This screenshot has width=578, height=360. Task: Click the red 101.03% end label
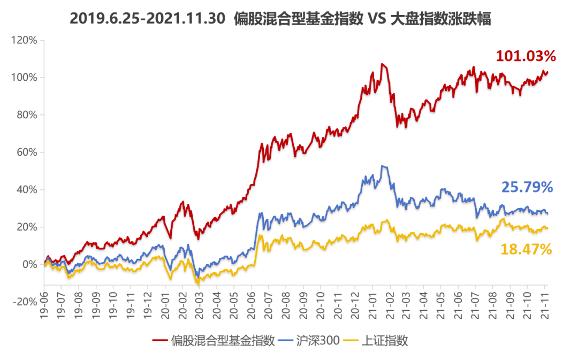[526, 56]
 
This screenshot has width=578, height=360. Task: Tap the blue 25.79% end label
[527, 187]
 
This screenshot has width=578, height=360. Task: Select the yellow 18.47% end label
[527, 249]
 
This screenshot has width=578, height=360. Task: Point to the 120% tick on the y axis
[25, 40]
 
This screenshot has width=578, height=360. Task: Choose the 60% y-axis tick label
[27, 152]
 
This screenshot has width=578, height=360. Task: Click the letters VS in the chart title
[377, 20]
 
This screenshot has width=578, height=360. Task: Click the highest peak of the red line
[382, 64]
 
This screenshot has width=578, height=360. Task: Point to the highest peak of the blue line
[382, 166]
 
